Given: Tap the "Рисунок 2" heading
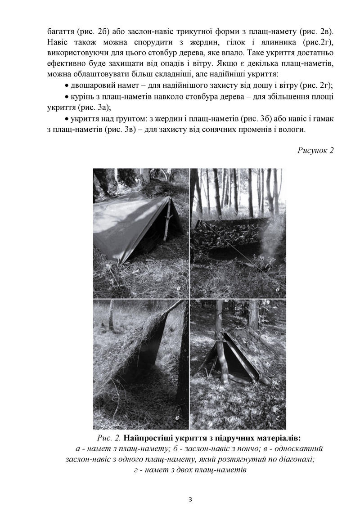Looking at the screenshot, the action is click(315, 150).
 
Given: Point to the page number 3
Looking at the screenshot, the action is click(190, 499).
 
